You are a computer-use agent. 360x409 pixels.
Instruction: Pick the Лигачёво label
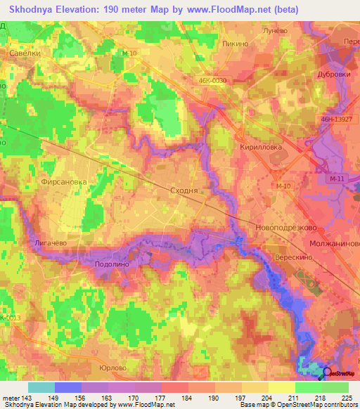[x=50, y=242]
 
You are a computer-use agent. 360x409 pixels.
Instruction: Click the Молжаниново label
[x=334, y=243]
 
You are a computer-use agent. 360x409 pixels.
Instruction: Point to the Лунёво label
[x=275, y=32]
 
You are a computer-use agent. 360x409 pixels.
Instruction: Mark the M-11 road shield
[x=337, y=181]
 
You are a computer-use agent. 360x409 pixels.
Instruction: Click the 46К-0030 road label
[x=213, y=81]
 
